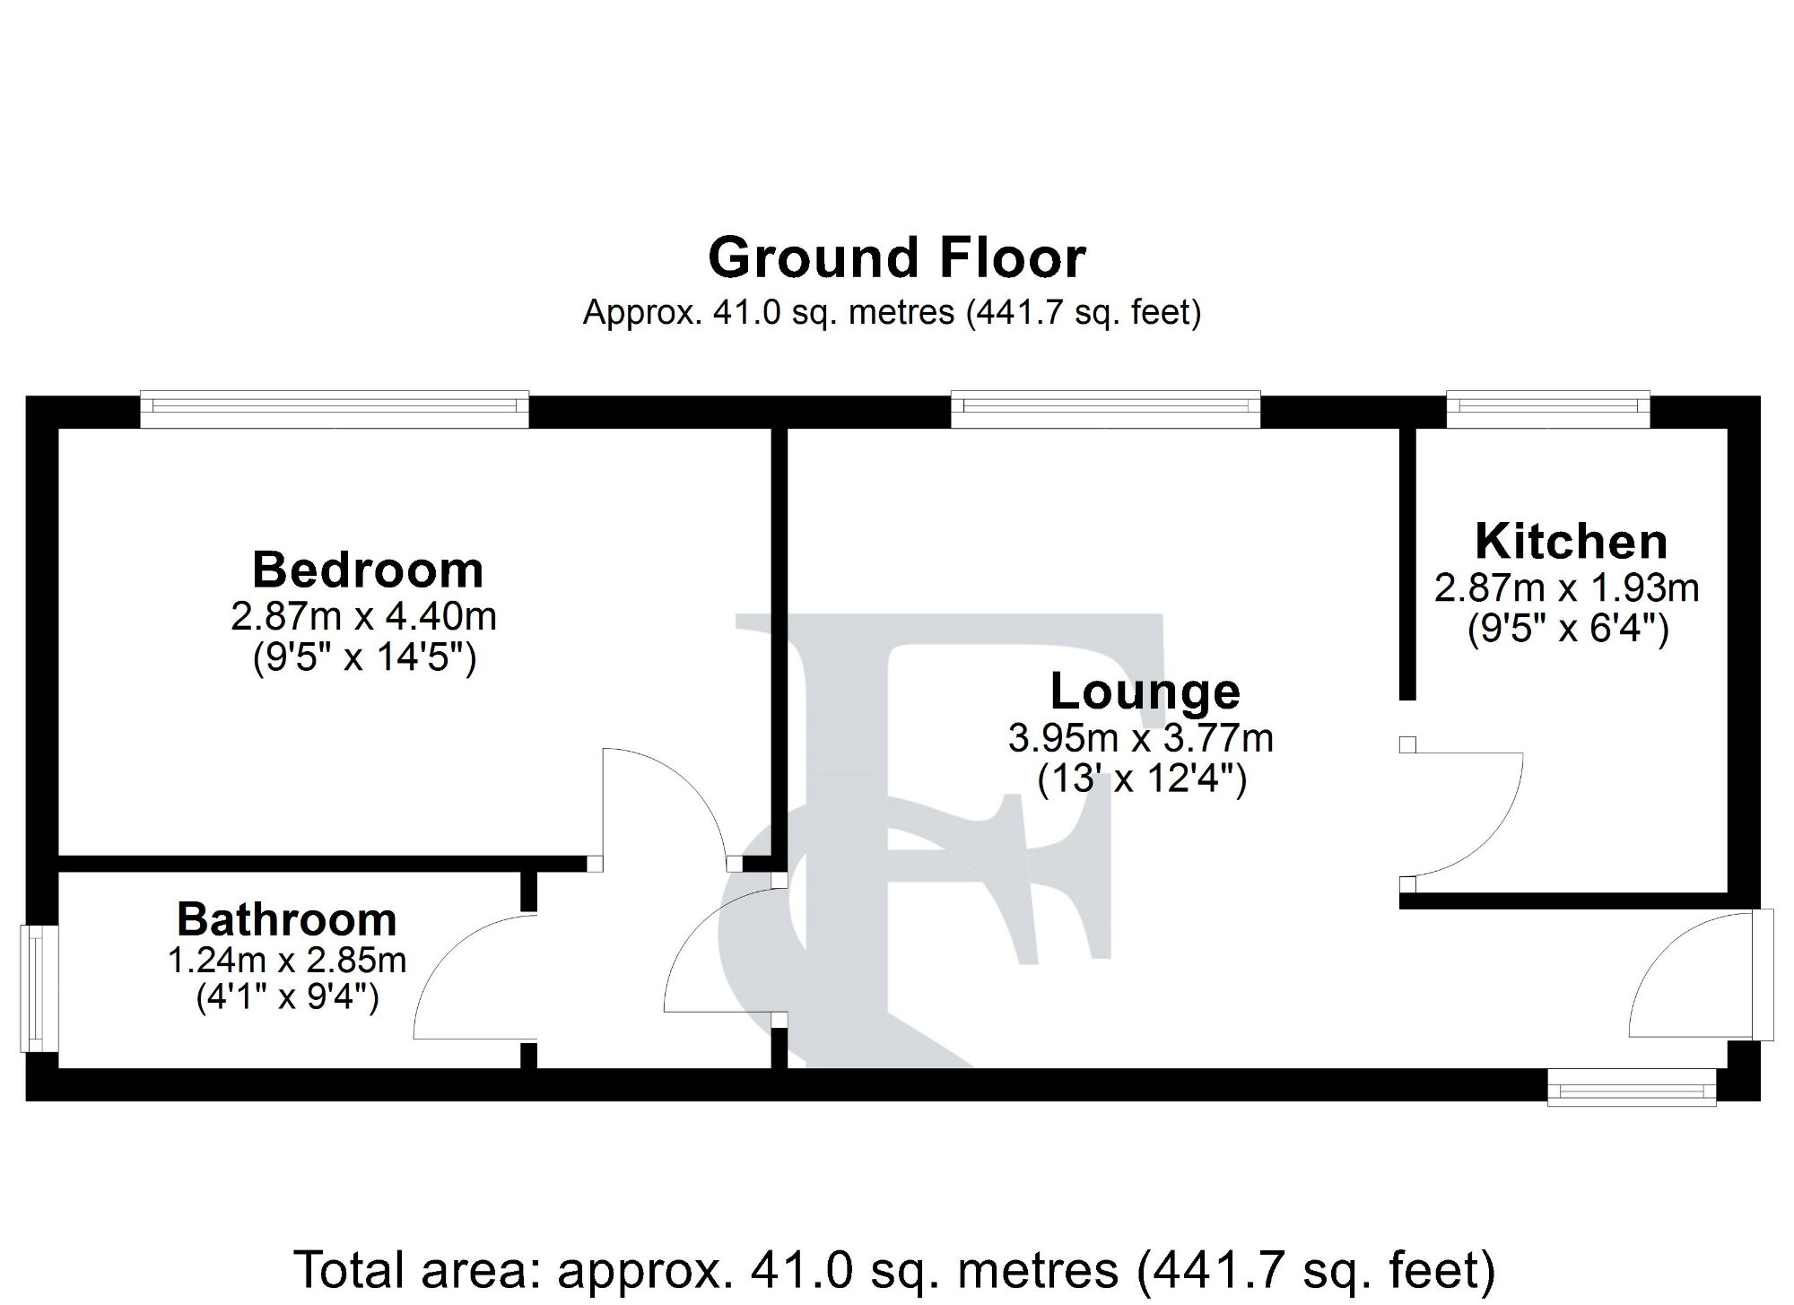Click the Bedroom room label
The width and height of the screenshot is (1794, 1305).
[368, 570]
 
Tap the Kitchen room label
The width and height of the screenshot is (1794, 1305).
[1571, 543]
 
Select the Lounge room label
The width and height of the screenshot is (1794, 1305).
[1145, 692]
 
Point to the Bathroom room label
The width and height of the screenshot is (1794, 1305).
[287, 920]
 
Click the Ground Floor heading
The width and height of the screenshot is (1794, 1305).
[897, 258]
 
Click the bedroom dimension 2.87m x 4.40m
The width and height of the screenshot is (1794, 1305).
[363, 617]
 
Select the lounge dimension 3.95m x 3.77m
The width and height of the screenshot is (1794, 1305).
[1141, 739]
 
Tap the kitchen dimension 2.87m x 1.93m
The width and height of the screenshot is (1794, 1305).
[1567, 589]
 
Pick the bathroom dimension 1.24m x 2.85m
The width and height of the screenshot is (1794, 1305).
[287, 961]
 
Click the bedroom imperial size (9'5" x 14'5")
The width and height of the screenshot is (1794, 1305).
[364, 659]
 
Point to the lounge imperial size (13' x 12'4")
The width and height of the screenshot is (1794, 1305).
[1142, 779]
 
